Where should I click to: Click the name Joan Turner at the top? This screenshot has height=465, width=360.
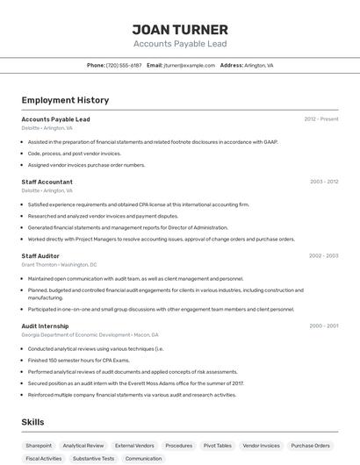pyautogui.click(x=179, y=30)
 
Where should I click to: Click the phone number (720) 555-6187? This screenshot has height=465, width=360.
pyautogui.click(x=124, y=65)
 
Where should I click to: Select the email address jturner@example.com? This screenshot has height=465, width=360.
pyautogui.click(x=190, y=65)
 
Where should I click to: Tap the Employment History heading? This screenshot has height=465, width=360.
pyautogui.click(x=65, y=100)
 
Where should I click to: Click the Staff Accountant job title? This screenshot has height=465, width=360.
pyautogui.click(x=47, y=182)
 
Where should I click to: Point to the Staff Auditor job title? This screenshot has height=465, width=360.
pyautogui.click(x=40, y=256)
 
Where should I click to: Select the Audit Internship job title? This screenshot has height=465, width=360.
pyautogui.click(x=46, y=325)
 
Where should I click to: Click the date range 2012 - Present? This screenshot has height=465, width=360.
pyautogui.click(x=320, y=119)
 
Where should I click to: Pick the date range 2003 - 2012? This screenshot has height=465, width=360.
pyautogui.click(x=324, y=182)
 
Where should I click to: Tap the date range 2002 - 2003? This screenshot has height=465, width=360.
pyautogui.click(x=323, y=256)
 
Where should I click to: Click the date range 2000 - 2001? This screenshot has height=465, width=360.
pyautogui.click(x=323, y=325)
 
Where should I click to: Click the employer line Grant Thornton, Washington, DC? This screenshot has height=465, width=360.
pyautogui.click(x=59, y=264)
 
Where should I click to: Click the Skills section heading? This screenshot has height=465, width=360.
pyautogui.click(x=33, y=422)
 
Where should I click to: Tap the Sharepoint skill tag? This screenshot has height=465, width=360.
pyautogui.click(x=39, y=446)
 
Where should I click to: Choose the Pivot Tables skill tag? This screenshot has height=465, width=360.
pyautogui.click(x=217, y=446)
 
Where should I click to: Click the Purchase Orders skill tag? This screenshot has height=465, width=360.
pyautogui.click(x=310, y=446)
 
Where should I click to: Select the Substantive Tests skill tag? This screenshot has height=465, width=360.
pyautogui.click(x=93, y=459)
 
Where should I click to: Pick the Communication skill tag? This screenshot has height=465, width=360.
pyautogui.click(x=143, y=459)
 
